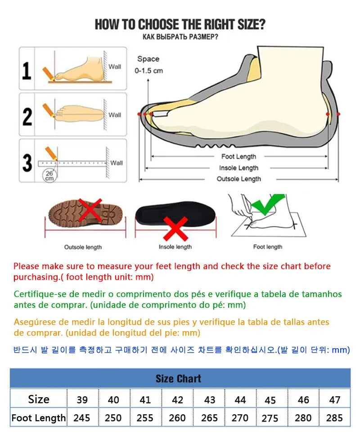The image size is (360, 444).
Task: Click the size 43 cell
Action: pyautogui.click(x=209, y=399)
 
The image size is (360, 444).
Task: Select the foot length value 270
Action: pyautogui.click(x=240, y=418)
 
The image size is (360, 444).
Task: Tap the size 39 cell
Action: pyautogui.click(x=82, y=399)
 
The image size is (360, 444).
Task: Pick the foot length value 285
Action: pyautogui.click(x=334, y=418)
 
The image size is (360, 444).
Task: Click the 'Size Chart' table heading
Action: pyautogui.click(x=179, y=379)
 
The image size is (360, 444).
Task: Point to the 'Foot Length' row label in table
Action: pyautogui.click(x=39, y=418)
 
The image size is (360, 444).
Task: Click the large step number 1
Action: pyautogui.click(x=27, y=71)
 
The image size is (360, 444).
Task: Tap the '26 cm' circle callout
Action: pyautogui.click(x=48, y=175)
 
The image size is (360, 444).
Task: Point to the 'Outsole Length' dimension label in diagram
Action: pyautogui.click(x=238, y=179)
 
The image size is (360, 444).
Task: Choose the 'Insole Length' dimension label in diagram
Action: pyautogui.click(x=238, y=168)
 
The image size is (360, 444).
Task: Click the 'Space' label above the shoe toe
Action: pyautogui.click(x=148, y=59)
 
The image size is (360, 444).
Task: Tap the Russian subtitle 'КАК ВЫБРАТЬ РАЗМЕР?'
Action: pyautogui.click(x=180, y=36)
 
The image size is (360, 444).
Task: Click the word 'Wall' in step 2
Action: pyautogui.click(x=115, y=115)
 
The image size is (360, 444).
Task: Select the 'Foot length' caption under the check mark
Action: pyautogui.click(x=267, y=247)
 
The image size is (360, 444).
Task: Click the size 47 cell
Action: pyautogui.click(x=334, y=399)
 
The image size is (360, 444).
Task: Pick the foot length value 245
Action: pyautogui.click(x=82, y=418)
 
